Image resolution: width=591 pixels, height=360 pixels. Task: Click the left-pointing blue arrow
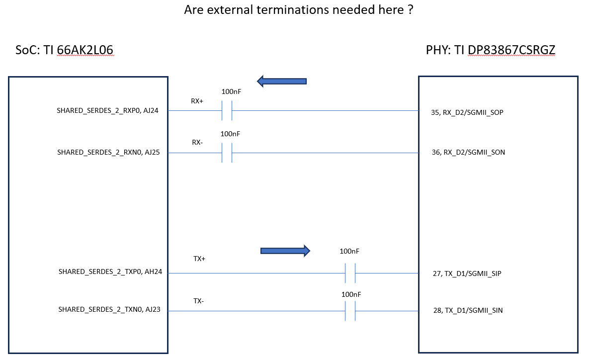[281, 81]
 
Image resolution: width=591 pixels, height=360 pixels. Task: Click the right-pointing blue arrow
[285, 251]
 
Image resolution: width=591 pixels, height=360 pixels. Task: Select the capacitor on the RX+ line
[227, 110]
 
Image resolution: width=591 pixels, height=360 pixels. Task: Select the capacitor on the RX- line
[227, 153]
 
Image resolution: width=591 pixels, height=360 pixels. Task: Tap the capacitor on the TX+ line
[350, 273]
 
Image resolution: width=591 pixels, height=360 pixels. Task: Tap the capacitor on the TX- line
[350, 311]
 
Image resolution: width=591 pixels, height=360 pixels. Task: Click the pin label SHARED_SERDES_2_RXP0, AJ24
[107, 110]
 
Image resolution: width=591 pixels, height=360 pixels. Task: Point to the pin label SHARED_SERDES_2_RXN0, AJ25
[108, 152]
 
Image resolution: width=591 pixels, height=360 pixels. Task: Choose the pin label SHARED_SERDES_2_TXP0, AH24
[110, 271]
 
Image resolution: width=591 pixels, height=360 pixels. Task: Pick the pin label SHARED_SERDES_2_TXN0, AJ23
[109, 309]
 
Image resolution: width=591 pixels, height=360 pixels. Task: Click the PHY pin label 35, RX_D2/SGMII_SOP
[467, 112]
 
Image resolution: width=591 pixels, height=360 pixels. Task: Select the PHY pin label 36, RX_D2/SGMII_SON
[468, 152]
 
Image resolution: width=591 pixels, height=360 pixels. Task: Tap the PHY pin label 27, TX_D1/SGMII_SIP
[467, 273]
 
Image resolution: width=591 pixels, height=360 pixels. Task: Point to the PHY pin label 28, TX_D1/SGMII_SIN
[468, 310]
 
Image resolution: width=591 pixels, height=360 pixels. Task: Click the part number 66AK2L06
[85, 50]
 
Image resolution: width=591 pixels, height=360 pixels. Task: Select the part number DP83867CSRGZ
[511, 50]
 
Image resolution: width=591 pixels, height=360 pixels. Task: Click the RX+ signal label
[197, 101]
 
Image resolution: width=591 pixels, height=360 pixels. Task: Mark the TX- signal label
[199, 301]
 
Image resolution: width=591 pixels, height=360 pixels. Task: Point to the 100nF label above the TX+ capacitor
[349, 251]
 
